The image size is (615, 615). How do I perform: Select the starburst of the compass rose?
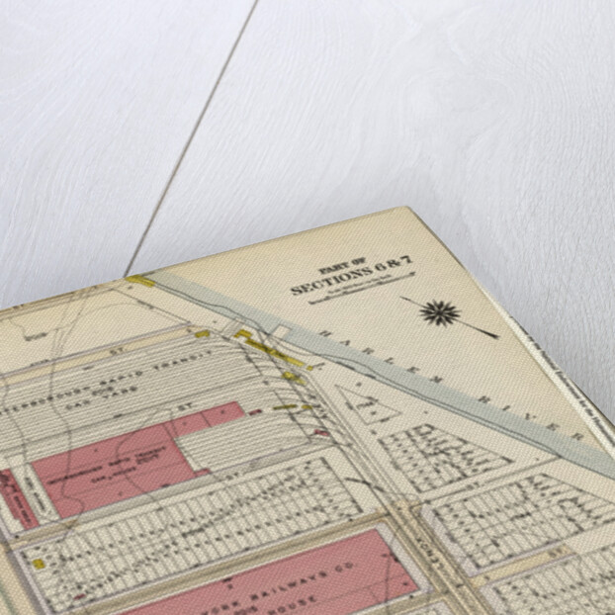tap(439, 313)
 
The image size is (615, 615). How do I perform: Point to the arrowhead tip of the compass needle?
tap(494, 336)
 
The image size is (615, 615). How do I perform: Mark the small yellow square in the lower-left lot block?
tap(39, 564)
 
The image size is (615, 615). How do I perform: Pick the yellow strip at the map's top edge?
tap(140, 282)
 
